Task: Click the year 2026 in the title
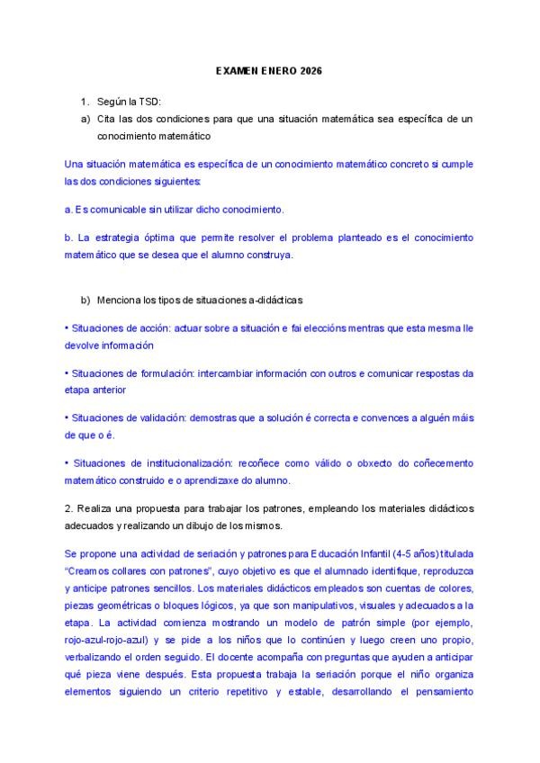tap(307, 70)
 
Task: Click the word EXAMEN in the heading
tap(236, 70)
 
